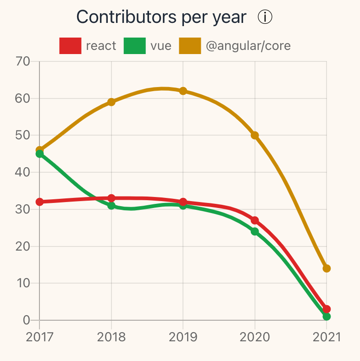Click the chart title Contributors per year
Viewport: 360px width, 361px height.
tap(161, 17)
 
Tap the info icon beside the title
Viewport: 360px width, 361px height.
tap(265, 17)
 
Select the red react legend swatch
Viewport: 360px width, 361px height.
tap(70, 46)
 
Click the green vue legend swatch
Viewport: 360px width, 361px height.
tap(135, 46)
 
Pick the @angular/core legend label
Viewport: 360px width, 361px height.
tap(248, 46)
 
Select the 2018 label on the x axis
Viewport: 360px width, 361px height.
tap(111, 337)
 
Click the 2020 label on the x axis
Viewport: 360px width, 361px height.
tap(255, 337)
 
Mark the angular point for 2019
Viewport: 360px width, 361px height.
tap(183, 91)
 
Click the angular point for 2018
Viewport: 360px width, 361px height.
tap(111, 102)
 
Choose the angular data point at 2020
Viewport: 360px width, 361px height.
tap(255, 135)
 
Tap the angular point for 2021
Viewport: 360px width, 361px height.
tap(327, 268)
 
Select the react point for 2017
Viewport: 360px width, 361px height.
tap(39, 202)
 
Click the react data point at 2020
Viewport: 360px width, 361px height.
tap(255, 220)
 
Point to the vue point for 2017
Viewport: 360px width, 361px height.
tap(39, 154)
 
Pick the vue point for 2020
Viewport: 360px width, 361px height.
tap(255, 231)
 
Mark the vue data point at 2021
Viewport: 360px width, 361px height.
tap(327, 317)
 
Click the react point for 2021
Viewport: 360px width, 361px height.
tap(327, 309)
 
